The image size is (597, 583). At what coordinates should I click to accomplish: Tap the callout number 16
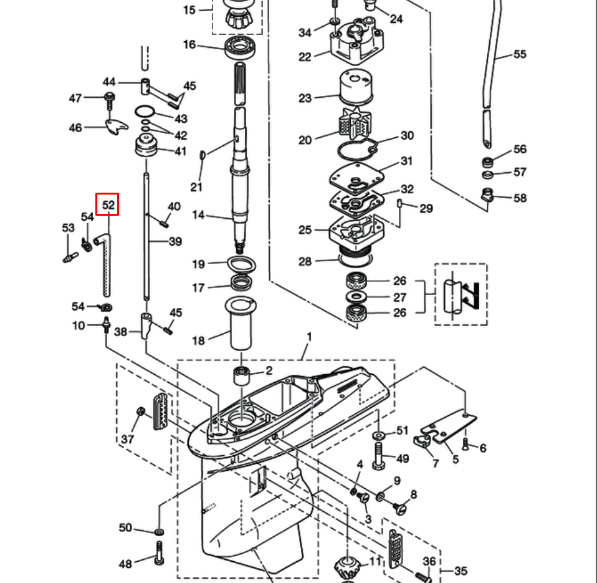point(189,44)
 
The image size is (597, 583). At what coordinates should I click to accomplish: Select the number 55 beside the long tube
point(520,54)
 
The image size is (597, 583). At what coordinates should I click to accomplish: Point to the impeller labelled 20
point(353,122)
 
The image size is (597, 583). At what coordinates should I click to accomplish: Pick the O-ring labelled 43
point(145,112)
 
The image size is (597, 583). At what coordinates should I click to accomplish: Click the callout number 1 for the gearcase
point(308,337)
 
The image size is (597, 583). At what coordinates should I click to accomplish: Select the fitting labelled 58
point(488,195)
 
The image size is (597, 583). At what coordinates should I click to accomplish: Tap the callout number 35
point(461,571)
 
